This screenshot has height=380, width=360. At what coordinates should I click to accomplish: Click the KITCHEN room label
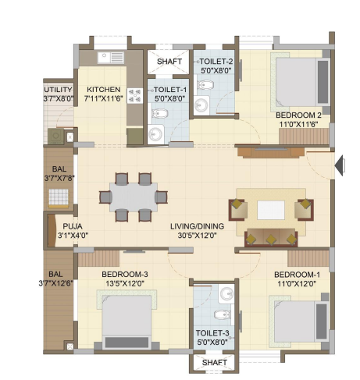coord(103,90)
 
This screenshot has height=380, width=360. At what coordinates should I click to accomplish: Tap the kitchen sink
coord(111,58)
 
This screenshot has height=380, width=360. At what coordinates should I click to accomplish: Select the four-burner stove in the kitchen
coord(135,96)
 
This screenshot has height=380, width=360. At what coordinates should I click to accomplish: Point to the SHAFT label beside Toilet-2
coord(169,62)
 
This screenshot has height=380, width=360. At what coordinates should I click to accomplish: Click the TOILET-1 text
coord(170,90)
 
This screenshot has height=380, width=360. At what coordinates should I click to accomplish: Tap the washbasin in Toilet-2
coord(201,105)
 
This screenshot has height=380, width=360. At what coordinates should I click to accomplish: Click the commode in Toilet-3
coord(222,314)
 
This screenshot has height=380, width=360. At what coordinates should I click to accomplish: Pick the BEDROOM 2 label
coord(298,115)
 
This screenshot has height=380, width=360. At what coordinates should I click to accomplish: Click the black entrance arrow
coord(340,165)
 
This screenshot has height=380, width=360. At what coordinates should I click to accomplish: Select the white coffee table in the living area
coord(271,210)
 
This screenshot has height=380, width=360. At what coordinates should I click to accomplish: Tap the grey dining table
coord(134,197)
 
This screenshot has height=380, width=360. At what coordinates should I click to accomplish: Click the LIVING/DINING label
coord(197,226)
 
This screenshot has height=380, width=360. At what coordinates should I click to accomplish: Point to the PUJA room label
coord(73,226)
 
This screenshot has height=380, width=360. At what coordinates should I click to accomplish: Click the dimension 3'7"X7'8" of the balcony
coord(59,179)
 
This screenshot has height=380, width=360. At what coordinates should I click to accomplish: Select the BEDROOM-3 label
coord(125,274)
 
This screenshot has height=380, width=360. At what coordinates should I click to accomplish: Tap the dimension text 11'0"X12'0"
coord(297,283)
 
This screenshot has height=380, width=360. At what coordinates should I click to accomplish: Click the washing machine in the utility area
coord(55,136)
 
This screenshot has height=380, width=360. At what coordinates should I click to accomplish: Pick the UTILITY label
coord(58,90)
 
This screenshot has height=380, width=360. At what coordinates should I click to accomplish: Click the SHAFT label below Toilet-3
coord(215,362)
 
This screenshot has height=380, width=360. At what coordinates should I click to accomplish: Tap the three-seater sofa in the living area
coord(271,237)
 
